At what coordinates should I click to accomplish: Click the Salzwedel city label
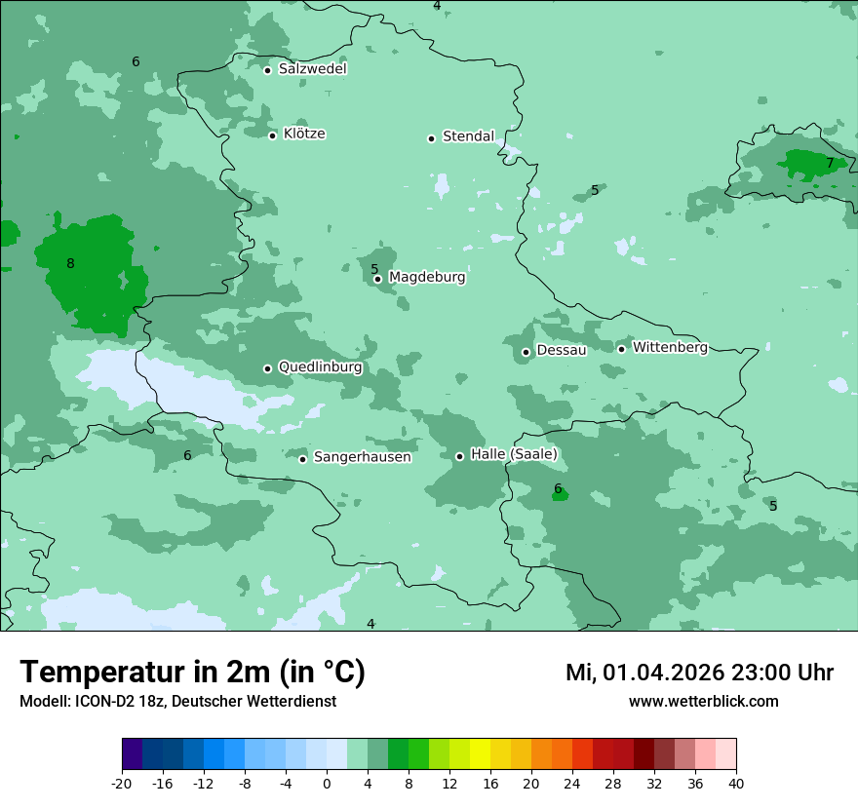(312, 69)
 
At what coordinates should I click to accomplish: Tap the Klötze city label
(304, 134)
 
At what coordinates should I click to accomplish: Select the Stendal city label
(468, 136)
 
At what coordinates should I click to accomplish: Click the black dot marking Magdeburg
(378, 280)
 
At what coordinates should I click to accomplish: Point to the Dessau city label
(561, 350)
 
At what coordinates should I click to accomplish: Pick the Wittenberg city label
(669, 347)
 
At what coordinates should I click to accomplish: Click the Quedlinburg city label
(320, 367)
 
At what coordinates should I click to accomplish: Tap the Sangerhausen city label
(362, 457)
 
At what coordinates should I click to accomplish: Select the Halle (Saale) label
(514, 454)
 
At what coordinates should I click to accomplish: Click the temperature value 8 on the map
(70, 263)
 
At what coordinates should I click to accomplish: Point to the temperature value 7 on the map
(830, 163)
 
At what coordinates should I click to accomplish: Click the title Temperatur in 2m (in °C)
(192, 673)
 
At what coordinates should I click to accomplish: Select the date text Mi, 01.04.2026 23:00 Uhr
(699, 673)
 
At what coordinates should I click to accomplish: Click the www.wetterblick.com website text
(703, 701)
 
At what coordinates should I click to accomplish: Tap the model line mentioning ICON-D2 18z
(177, 701)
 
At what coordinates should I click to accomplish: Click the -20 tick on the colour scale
(122, 784)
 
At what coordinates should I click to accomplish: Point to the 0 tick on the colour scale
(327, 784)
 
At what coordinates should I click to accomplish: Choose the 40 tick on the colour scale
(736, 784)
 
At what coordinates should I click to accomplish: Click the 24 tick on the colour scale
(572, 784)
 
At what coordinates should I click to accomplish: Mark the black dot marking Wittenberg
(621, 349)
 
